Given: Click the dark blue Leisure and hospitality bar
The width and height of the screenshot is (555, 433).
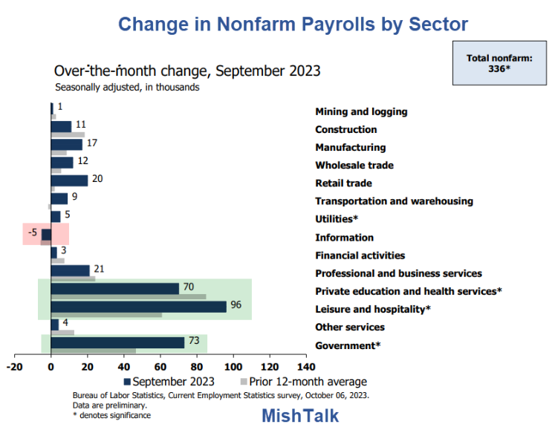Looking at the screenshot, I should point(138,307).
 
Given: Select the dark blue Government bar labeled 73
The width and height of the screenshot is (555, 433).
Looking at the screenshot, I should point(117,342).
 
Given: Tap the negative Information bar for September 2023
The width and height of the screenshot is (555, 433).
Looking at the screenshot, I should point(46,234).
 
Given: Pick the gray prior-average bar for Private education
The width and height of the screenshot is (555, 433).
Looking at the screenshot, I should point(128,297).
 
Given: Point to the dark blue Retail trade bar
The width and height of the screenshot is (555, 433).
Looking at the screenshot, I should point(69,180).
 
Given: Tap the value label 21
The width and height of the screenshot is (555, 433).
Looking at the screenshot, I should point(98,270).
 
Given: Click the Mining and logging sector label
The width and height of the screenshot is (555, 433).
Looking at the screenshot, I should point(361,111).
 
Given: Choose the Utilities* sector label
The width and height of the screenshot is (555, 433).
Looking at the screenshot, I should point(337,219).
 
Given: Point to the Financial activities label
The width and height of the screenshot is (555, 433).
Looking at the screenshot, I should point(360,255).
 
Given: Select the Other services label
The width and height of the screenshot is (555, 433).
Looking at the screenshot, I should point(350,328).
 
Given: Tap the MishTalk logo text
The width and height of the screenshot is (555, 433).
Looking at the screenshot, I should point(300,416).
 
